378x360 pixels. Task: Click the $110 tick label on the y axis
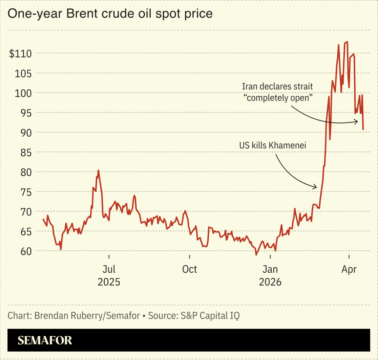tap(20, 53)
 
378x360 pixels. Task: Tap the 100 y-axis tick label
tap(23, 93)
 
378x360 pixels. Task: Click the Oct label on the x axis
tap(189, 269)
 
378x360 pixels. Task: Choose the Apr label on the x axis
tap(349, 269)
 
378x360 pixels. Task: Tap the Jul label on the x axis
tap(109, 269)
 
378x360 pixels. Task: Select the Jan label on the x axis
tap(270, 269)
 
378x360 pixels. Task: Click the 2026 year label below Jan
tap(270, 282)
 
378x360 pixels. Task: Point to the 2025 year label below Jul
tap(109, 282)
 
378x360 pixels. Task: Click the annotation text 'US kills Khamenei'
tap(272, 145)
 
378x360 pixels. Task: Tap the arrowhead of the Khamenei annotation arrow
tap(316, 187)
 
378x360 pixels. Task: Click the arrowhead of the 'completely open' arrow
tap(357, 122)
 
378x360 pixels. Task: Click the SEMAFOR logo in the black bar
tap(45, 340)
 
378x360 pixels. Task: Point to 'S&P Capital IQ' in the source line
tap(210, 316)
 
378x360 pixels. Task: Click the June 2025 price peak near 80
tap(98, 170)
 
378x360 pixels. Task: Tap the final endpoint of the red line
tap(363, 129)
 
